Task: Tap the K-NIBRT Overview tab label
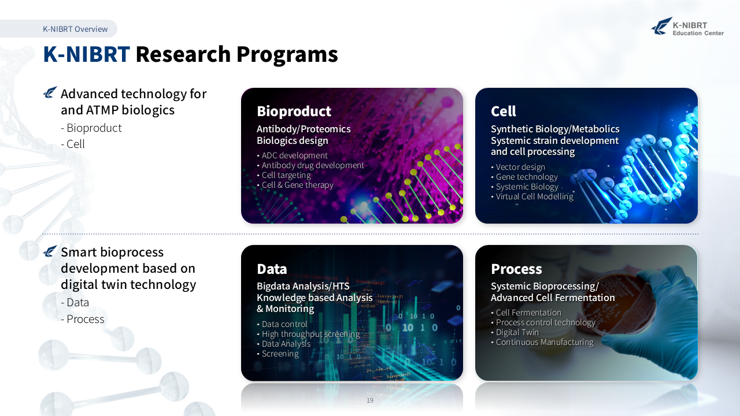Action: click(75, 29)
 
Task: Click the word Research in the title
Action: click(183, 54)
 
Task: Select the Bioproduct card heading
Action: click(294, 112)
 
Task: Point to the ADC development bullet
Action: click(293, 155)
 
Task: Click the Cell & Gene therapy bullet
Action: click(295, 185)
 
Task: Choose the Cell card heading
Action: click(503, 112)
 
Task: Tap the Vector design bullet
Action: click(518, 167)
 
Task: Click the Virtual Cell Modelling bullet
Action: click(532, 196)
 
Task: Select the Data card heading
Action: click(272, 269)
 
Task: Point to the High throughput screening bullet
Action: click(309, 334)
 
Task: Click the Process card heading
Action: click(516, 269)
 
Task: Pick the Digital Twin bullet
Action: click(515, 332)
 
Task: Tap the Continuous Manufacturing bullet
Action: click(542, 342)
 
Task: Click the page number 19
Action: click(370, 400)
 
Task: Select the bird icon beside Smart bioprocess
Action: click(50, 251)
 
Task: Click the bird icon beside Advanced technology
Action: click(50, 92)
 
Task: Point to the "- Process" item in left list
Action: click(83, 320)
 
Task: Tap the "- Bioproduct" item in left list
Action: click(91, 128)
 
